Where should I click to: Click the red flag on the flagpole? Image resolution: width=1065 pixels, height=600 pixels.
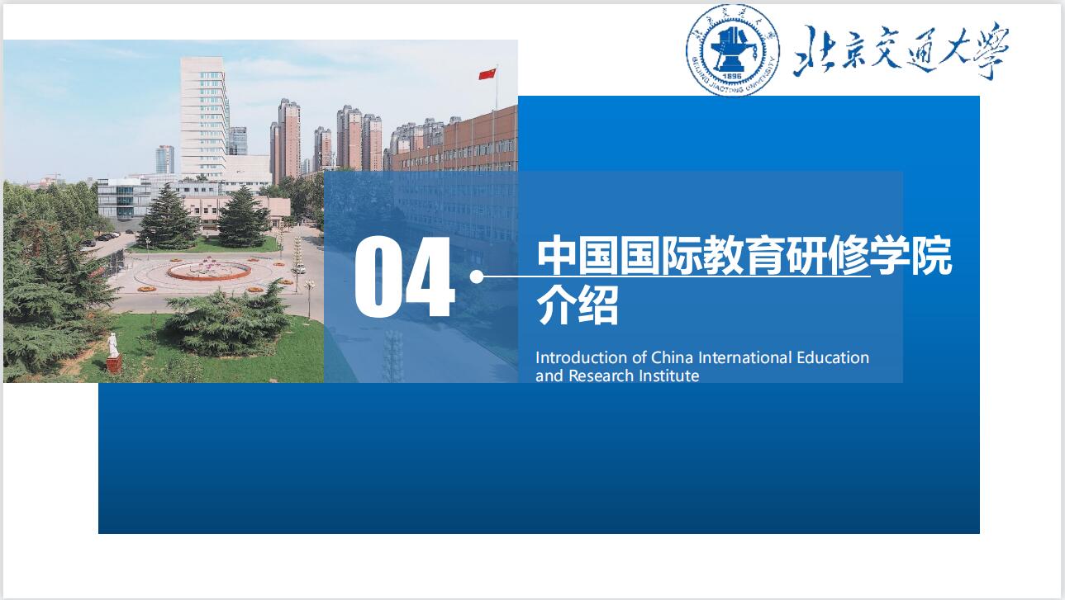[x=487, y=74]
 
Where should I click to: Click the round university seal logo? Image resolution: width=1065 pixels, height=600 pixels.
[x=733, y=50]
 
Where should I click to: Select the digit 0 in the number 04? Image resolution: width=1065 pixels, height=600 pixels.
[x=378, y=278]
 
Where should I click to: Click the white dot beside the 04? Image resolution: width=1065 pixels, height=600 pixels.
[x=477, y=277]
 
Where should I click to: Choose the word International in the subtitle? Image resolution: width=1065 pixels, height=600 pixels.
[x=745, y=357]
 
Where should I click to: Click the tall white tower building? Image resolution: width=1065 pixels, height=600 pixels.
[x=204, y=116]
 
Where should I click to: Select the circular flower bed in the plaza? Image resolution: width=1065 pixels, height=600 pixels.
[x=209, y=270]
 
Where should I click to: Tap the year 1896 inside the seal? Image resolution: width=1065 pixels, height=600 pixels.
[x=732, y=76]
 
